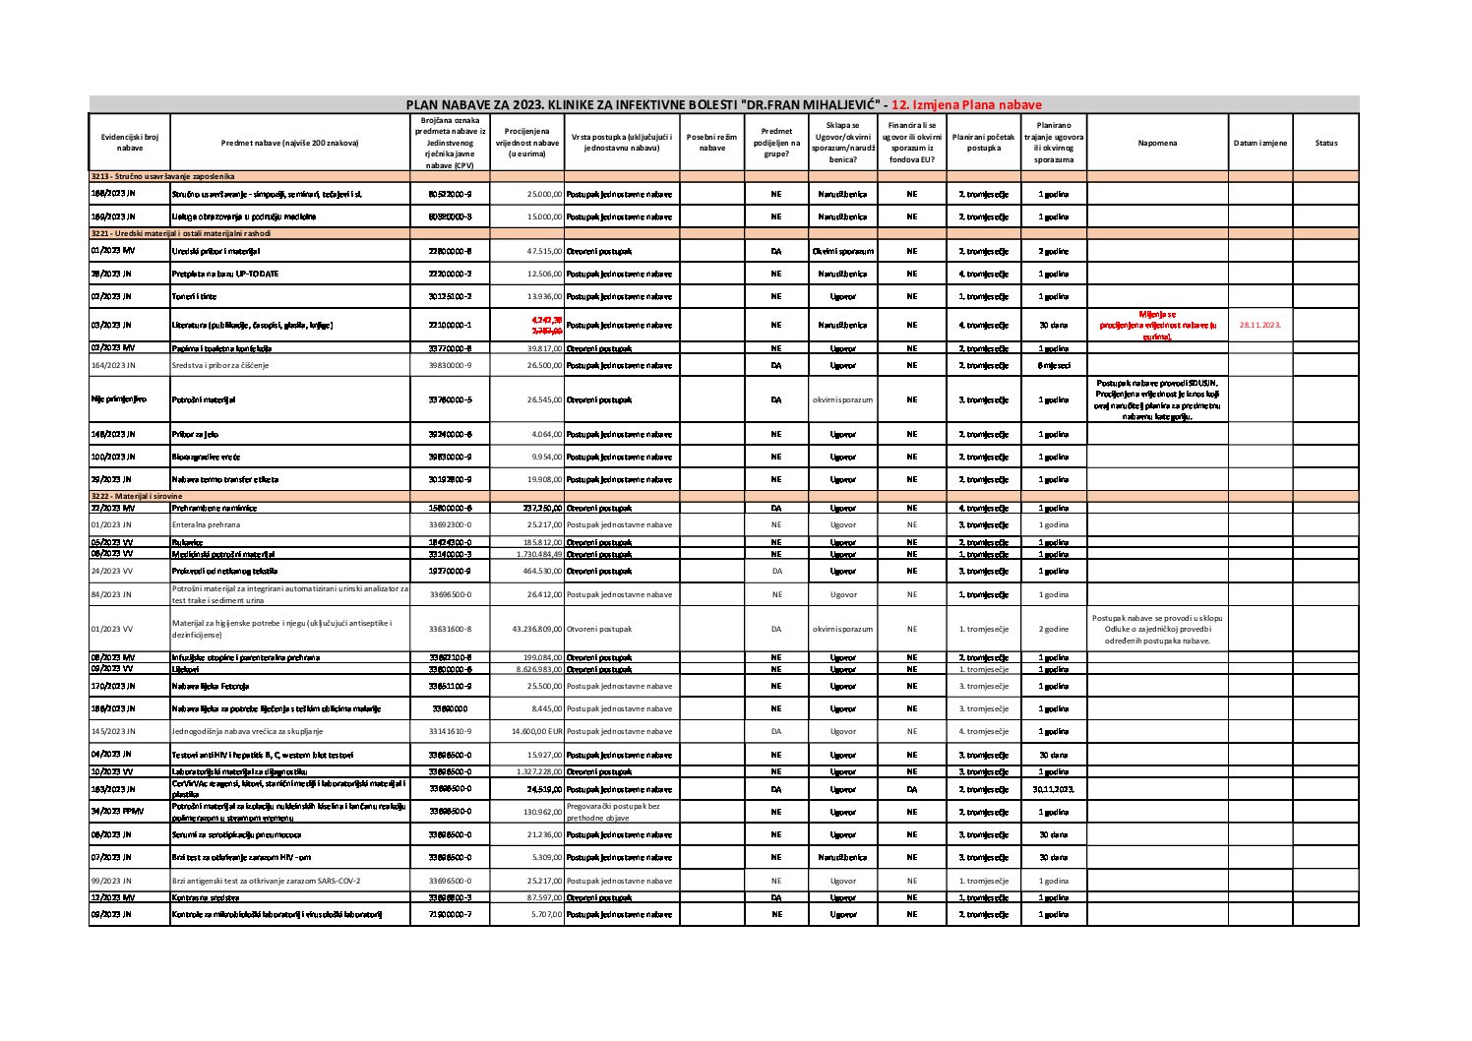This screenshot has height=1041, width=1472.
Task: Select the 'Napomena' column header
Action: pos(1156,143)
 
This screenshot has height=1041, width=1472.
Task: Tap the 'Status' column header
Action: pos(1325,143)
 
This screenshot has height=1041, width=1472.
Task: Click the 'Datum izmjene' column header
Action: pos(1259,143)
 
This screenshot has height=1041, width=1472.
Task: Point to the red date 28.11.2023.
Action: pos(1259,325)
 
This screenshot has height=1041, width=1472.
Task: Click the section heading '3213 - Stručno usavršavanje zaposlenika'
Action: pos(162,175)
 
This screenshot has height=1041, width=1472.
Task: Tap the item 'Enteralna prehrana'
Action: pos(206,524)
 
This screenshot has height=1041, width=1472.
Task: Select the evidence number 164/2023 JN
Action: pos(113,365)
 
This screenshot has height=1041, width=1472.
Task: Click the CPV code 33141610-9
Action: pos(451,731)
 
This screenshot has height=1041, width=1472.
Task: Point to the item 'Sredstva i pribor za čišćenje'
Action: pos(219,365)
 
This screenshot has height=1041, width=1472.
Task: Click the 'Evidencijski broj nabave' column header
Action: pos(129,143)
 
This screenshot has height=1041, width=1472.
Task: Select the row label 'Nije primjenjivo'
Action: pos(119,399)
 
